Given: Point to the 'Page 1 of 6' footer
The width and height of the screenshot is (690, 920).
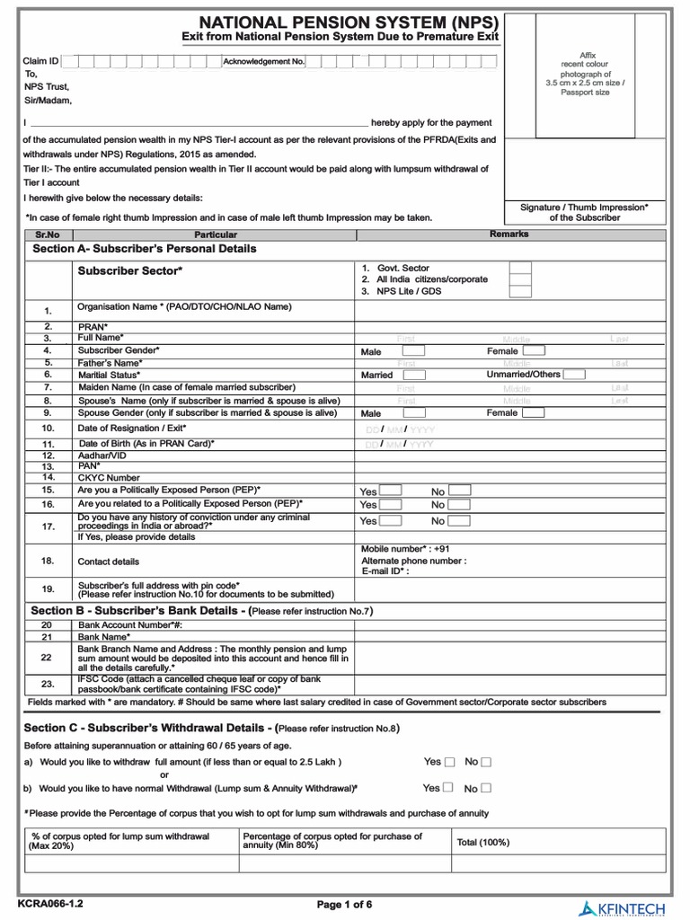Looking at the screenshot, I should click(x=344, y=904).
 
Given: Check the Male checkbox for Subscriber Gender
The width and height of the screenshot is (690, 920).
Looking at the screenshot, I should click(x=414, y=350).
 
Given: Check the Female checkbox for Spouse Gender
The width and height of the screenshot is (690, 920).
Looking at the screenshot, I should click(x=533, y=413).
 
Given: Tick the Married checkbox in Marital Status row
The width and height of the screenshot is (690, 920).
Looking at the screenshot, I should click(x=414, y=375).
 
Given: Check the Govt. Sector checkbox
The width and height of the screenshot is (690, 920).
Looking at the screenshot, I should click(x=519, y=268).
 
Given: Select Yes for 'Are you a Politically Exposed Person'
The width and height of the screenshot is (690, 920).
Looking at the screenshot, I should click(x=390, y=491).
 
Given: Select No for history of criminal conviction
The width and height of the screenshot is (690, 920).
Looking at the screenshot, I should click(x=459, y=520).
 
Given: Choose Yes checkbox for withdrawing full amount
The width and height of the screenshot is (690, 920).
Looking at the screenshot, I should click(x=450, y=762).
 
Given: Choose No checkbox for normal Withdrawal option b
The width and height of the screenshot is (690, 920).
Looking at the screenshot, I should click(x=486, y=789).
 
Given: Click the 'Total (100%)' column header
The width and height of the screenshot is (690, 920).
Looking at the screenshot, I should click(x=483, y=842).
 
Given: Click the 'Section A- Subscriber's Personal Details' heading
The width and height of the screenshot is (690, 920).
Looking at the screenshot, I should click(x=145, y=248).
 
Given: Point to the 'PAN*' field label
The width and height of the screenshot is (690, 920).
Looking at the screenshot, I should click(x=91, y=466).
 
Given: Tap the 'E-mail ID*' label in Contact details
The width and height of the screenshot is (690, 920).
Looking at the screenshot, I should click(x=385, y=571).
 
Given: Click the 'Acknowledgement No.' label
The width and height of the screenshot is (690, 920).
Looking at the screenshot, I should click(x=264, y=61).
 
